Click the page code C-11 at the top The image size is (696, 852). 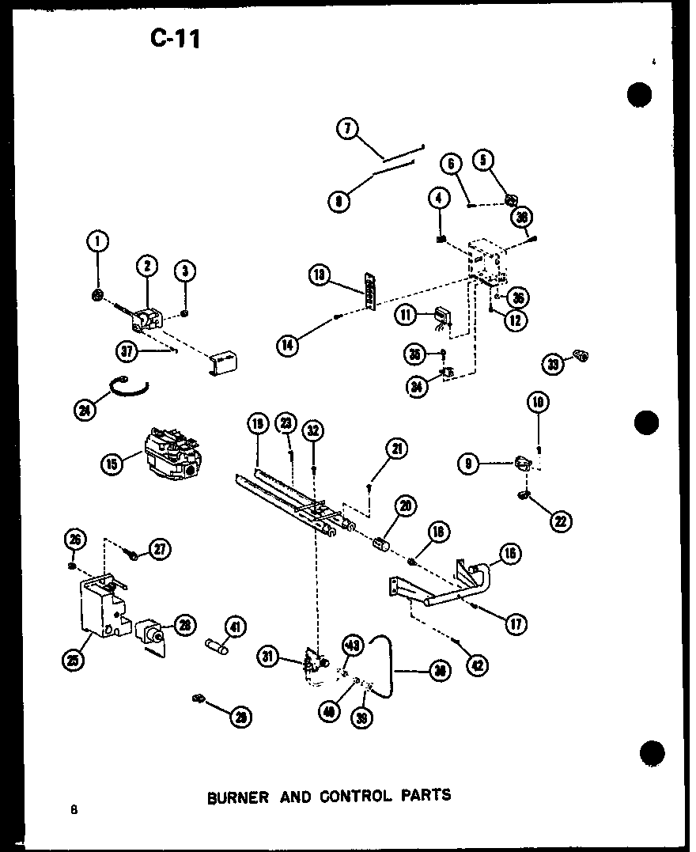[x=175, y=37]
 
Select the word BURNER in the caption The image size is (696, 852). [x=238, y=797]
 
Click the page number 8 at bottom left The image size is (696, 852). [x=73, y=808]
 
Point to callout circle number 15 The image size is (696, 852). [x=112, y=464]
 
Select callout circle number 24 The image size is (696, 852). [x=85, y=411]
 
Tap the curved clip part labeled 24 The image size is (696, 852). [x=130, y=384]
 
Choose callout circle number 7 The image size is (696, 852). [x=347, y=128]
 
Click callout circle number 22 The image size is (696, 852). [x=562, y=521]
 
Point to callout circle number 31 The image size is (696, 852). [x=269, y=655]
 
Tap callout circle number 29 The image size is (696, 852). [x=239, y=717]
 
